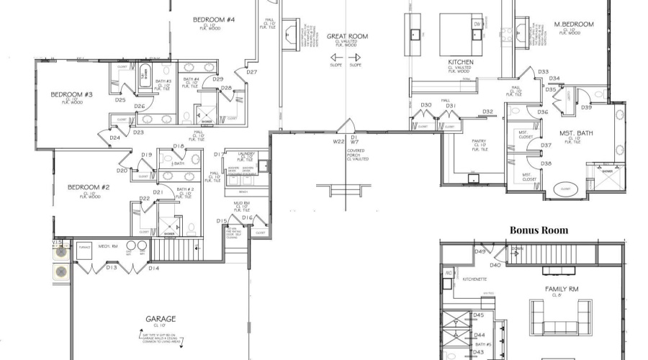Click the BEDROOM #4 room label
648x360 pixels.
(x=214, y=19)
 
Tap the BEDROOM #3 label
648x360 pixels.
(x=71, y=94)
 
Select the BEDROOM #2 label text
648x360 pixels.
(x=88, y=187)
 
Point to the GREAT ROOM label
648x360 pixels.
(x=347, y=35)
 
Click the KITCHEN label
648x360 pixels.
(x=459, y=62)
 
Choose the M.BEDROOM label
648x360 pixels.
(x=574, y=24)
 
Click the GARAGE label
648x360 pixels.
(x=161, y=318)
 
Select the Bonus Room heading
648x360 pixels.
(x=539, y=230)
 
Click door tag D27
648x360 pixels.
(x=252, y=72)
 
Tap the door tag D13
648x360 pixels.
(x=112, y=268)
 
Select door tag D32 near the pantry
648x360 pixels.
(x=487, y=112)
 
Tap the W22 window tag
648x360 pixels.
(x=338, y=143)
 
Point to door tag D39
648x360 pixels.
(x=586, y=108)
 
